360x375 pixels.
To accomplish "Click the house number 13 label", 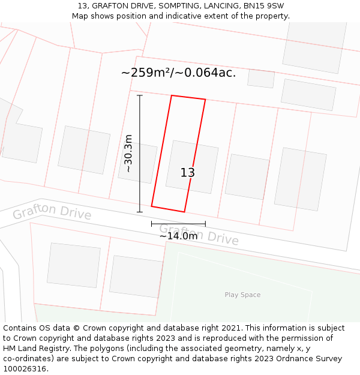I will pyautogui.click(x=188, y=173).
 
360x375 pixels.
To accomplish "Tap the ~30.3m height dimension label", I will pyautogui.click(x=128, y=154).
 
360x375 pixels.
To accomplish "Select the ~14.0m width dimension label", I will pyautogui.click(x=178, y=236).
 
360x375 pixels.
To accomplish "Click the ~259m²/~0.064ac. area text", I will pyautogui.click(x=178, y=73).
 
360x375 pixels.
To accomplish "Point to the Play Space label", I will pyautogui.click(x=242, y=295).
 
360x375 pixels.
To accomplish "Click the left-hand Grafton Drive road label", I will pyautogui.click(x=52, y=212).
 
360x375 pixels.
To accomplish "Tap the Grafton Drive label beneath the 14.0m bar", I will pyautogui.click(x=199, y=234).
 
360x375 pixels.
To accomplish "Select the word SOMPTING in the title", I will pyautogui.click(x=180, y=6).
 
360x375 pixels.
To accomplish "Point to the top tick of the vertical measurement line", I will pyautogui.click(x=140, y=95).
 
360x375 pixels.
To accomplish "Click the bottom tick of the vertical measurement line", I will pyautogui.click(x=140, y=212).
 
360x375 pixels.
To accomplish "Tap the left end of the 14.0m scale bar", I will pyautogui.click(x=151, y=224).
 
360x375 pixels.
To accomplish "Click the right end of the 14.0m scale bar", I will pyautogui.click(x=205, y=224).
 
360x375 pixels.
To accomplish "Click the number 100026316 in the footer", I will pyautogui.click(x=23, y=369).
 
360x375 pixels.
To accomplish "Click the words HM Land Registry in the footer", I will pyautogui.click(x=35, y=349).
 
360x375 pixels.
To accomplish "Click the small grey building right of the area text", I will pyautogui.click(x=261, y=79).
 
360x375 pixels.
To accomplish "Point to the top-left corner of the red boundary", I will pyautogui.click(x=172, y=95).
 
